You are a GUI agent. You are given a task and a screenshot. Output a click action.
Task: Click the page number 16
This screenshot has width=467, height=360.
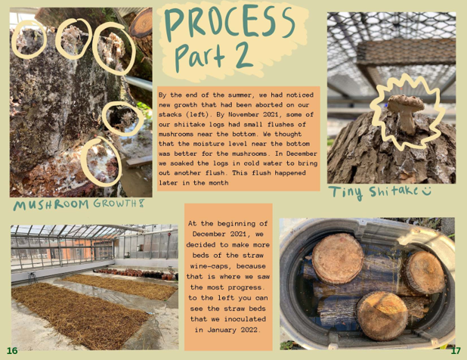point(12,350)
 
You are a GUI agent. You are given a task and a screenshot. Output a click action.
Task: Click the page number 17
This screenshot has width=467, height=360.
point(456,350)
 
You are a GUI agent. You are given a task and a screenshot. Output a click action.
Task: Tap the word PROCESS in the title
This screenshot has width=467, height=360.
point(229,23)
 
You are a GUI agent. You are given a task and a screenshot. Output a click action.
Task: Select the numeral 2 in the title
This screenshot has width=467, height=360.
point(243,55)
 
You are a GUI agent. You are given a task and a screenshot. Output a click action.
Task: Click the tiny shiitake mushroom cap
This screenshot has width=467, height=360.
point(406,103)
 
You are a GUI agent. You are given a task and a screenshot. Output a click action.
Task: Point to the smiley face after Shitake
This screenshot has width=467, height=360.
point(426,191)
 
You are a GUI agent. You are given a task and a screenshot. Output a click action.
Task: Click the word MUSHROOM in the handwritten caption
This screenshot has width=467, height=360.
point(51,205)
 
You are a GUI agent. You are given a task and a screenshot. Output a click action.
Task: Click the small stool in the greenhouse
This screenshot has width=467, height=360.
point(32,278)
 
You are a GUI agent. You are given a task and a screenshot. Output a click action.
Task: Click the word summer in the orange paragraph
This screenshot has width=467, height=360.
point(240,95)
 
